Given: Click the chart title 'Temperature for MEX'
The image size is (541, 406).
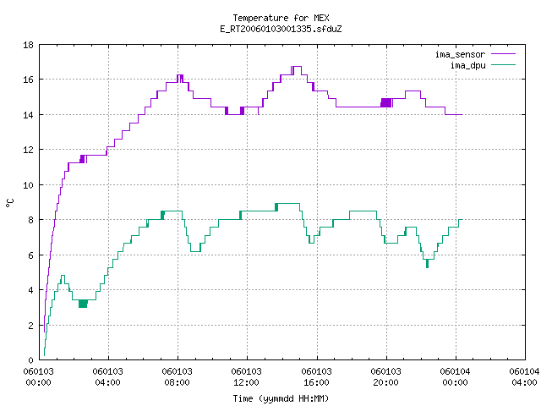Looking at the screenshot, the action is (281, 18).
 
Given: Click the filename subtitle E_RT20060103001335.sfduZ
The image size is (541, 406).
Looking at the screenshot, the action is (281, 29).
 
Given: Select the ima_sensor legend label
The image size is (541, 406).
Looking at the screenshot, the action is (460, 54).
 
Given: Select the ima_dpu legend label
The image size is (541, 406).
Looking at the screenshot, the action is (467, 65).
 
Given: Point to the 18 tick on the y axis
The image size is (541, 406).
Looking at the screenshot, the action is (28, 45).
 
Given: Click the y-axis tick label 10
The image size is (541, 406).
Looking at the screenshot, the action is (28, 185).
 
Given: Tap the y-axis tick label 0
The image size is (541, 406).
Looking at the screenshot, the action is (31, 360).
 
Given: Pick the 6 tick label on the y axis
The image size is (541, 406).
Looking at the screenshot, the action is (31, 255).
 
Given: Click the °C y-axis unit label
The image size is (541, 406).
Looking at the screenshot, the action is (9, 203).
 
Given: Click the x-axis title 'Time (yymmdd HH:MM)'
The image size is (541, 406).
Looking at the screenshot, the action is (281, 398).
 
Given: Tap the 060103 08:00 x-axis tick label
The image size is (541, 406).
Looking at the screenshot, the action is (177, 377).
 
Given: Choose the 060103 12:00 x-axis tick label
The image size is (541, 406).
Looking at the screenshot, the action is (246, 377).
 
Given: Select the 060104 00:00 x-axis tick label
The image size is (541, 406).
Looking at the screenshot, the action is (455, 377).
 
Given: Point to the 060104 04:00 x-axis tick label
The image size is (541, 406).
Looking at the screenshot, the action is (524, 377).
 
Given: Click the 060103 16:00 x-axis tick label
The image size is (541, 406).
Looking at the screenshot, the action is (316, 377).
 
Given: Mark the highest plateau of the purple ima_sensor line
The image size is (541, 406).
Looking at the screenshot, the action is (297, 66).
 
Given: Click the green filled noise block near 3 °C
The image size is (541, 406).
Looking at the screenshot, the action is (83, 304).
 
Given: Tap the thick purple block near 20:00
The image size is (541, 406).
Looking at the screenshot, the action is (386, 102).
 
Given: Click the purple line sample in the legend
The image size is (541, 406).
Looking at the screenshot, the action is (503, 54).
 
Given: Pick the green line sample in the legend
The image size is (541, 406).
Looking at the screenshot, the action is (503, 65).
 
